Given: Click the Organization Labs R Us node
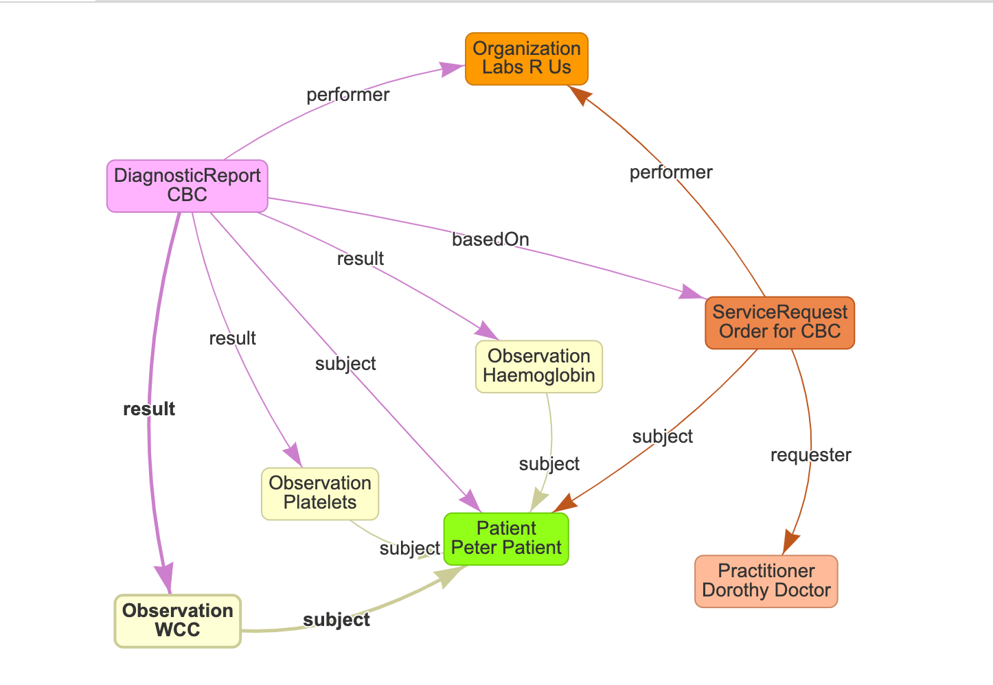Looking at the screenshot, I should (x=527, y=58).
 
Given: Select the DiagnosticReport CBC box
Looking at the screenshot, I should (x=187, y=185).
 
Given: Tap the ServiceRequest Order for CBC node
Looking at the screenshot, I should (x=779, y=323).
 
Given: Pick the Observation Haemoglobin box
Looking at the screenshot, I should (x=538, y=366).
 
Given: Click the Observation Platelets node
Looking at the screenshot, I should (x=319, y=493).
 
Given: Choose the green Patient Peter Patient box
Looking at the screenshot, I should (x=506, y=538).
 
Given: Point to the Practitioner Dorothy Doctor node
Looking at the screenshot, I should (x=766, y=581).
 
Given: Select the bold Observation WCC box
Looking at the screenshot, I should (x=177, y=620).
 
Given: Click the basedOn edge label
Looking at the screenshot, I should (x=490, y=240).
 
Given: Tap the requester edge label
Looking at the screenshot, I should (x=810, y=455).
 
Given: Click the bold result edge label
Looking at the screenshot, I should (x=149, y=409).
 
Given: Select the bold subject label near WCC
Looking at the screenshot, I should (x=336, y=620).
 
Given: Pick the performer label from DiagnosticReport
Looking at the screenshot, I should (x=347, y=95).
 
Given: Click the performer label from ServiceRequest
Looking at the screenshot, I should (x=671, y=172).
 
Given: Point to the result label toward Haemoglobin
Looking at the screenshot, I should (x=360, y=259).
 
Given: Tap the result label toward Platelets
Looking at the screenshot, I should (x=232, y=338).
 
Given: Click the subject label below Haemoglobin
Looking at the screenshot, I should (x=549, y=464).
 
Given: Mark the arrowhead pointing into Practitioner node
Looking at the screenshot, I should (x=790, y=543).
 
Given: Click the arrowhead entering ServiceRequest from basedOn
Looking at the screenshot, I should (x=692, y=292).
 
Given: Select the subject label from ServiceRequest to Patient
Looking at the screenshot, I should (x=662, y=437).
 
